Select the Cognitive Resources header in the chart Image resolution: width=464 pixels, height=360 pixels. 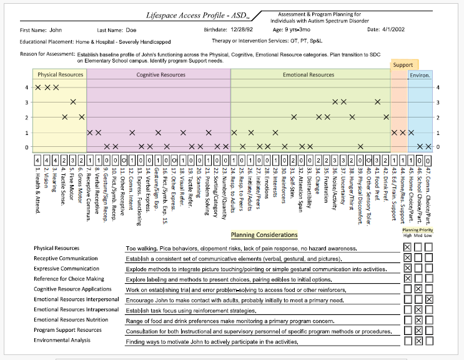[160, 75]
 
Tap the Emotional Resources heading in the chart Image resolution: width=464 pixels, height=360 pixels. [309, 75]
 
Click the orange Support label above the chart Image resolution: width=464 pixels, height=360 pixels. [403, 64]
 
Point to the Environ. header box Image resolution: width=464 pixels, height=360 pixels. [420, 75]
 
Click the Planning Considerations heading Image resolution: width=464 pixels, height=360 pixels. [264, 235]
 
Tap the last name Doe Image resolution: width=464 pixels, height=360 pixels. [131, 29]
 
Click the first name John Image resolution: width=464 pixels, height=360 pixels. [56, 29]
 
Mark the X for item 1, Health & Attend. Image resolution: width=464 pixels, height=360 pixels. [38, 87]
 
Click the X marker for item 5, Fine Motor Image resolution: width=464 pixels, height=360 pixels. [73, 102]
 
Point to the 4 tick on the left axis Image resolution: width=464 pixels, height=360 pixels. [26, 87]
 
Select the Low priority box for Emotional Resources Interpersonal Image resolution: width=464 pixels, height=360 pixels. [429, 299]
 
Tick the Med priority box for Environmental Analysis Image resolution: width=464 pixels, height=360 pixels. [418, 341]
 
